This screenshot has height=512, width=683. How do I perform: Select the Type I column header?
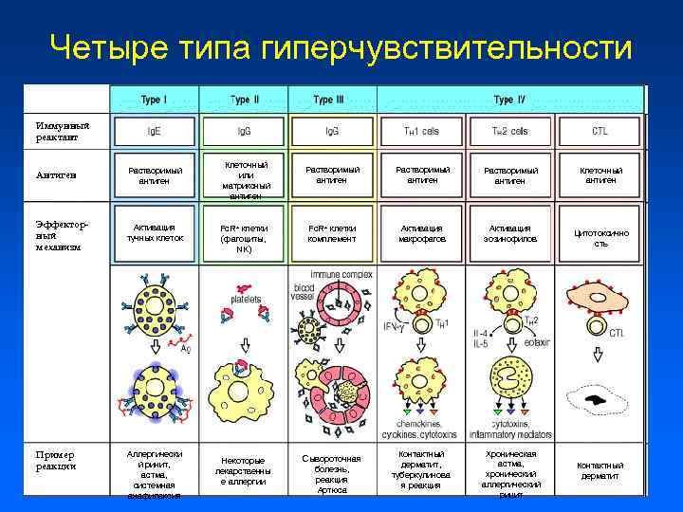coord(154,100)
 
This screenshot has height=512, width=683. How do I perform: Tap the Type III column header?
coord(331,100)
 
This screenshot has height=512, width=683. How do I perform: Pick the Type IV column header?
coord(509,100)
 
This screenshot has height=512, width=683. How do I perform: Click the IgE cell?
coord(154,131)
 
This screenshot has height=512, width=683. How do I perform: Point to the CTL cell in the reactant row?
coord(600,131)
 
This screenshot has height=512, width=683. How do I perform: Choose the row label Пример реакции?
coord(56,459)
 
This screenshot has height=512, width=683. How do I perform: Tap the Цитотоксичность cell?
coord(600,238)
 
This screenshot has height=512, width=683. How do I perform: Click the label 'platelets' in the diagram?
coord(246,299)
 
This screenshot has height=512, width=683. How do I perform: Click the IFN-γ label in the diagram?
coord(394,327)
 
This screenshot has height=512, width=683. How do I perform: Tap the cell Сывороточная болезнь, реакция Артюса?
coord(331,473)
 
